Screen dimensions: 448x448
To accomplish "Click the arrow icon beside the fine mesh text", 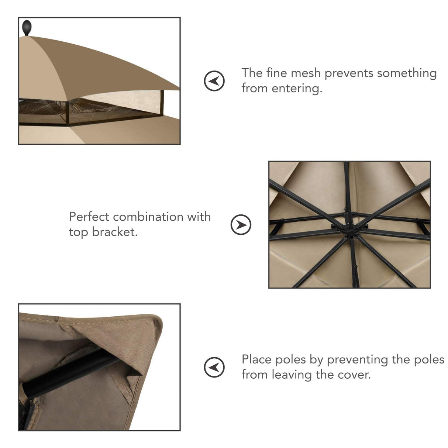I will pyautogui.click(x=214, y=80).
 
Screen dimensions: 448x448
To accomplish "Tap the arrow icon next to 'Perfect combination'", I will pyautogui.click(x=241, y=224).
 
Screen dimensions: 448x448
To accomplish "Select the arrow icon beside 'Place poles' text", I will pyautogui.click(x=214, y=367).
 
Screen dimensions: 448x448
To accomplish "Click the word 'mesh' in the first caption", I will pyautogui.click(x=306, y=73).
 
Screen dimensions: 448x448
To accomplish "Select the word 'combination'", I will pyautogui.click(x=148, y=217).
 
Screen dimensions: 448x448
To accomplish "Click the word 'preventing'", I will pyautogui.click(x=358, y=359).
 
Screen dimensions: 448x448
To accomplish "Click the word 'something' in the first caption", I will pyautogui.click(x=407, y=73).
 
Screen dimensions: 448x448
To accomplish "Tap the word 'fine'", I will pyautogui.click(x=276, y=73).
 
